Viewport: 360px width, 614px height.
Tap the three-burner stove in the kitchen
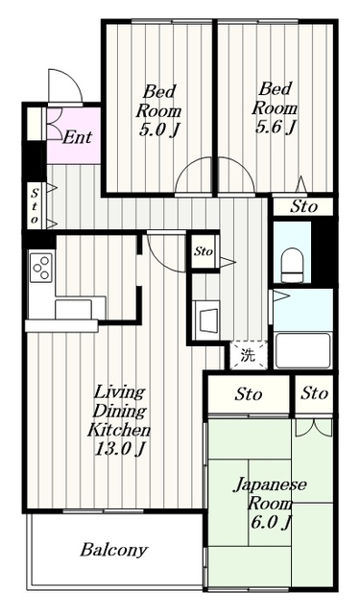pos(41,267)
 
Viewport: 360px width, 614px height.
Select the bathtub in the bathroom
pos(302,350)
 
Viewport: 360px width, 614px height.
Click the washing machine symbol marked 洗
pos(249,355)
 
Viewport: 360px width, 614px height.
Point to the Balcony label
pos(114,550)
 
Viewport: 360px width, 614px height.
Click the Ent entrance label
pos(77,136)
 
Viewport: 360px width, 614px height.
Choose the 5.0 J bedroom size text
pos(158,130)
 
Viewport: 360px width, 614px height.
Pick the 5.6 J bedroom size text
pos(275,127)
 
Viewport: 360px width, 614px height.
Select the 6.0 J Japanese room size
pos(271,523)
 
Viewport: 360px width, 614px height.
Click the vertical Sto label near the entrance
pos(35,205)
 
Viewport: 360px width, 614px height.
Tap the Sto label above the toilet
pos(303,207)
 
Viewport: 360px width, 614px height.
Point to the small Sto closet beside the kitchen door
pos(203,251)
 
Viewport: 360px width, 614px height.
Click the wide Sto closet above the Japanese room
pos(249,394)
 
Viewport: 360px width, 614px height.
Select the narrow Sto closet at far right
pos(314,393)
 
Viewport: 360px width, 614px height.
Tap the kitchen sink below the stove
pos(73,309)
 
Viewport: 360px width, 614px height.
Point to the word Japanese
pos(271,486)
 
